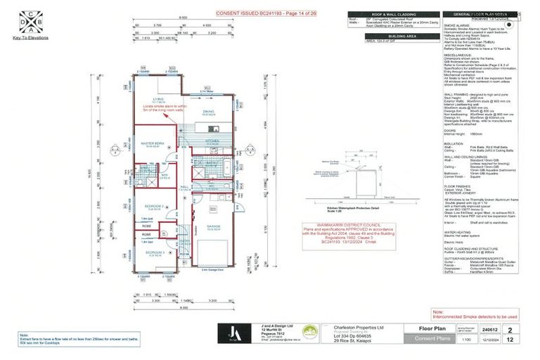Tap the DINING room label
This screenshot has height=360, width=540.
click(x=209, y=111)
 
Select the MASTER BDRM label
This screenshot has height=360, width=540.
click(x=153, y=143)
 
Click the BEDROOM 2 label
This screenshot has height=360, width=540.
click(x=154, y=206)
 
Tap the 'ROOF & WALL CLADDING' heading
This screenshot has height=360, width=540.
click(x=380, y=14)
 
